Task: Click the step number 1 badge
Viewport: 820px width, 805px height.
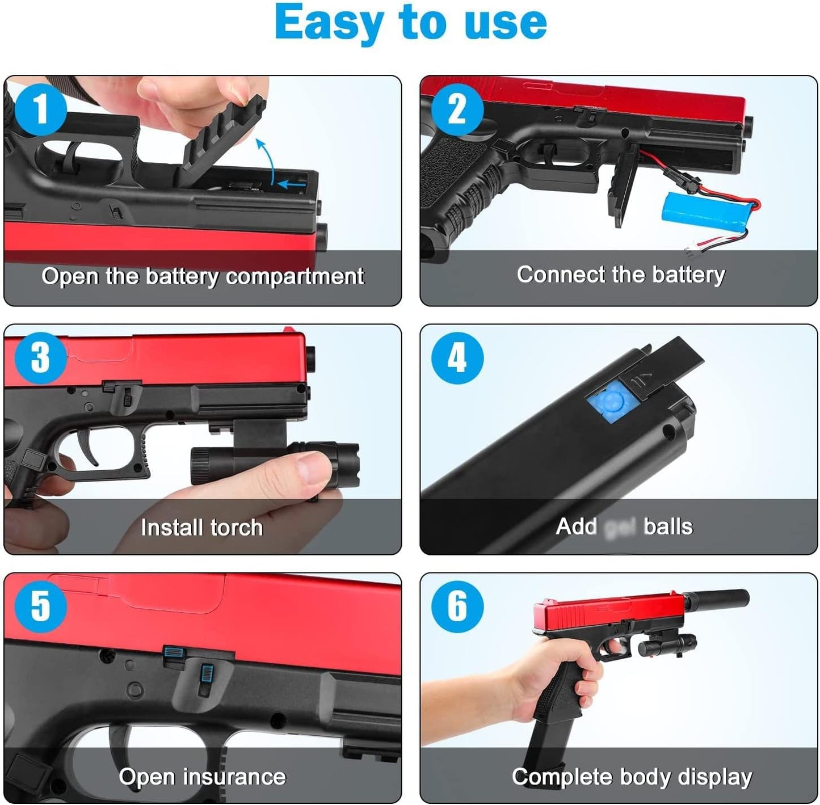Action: tap(40, 109)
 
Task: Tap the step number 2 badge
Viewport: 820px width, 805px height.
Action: tap(457, 109)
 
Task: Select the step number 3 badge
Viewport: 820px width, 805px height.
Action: tap(40, 358)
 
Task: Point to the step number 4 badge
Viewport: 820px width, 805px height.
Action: tap(457, 358)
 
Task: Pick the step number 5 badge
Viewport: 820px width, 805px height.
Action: tap(40, 606)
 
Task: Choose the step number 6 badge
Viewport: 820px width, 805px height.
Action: tap(457, 606)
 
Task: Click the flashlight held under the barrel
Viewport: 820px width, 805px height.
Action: tap(272, 462)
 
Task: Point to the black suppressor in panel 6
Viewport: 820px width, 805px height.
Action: tap(717, 600)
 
